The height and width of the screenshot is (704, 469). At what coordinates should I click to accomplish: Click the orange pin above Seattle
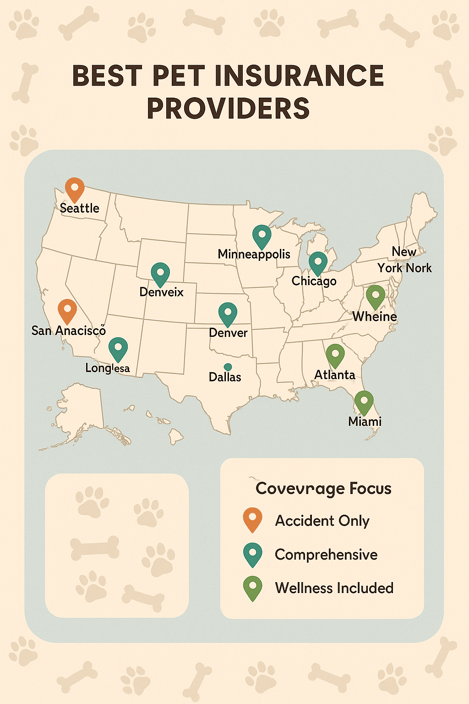click(x=74, y=188)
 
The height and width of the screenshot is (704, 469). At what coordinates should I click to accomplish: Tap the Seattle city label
click(x=80, y=208)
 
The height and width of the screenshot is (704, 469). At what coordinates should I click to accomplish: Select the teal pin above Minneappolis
click(x=262, y=236)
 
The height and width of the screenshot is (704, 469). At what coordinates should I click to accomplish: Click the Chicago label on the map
click(x=314, y=280)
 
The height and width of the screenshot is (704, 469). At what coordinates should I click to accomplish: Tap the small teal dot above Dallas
click(x=228, y=367)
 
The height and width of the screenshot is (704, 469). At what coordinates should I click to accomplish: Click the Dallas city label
click(x=225, y=377)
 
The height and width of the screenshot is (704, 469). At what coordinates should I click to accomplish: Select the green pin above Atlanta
click(x=335, y=355)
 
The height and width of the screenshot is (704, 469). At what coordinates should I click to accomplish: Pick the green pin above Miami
click(x=364, y=401)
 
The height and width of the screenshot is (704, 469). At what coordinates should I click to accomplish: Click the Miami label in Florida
click(x=365, y=421)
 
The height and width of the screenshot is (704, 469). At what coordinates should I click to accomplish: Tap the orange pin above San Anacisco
click(x=67, y=310)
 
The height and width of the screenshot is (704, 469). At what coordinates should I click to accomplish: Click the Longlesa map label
click(x=108, y=368)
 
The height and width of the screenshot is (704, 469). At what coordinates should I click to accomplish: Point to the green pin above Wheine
click(x=375, y=296)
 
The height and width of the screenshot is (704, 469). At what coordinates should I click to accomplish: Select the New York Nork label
click(x=404, y=260)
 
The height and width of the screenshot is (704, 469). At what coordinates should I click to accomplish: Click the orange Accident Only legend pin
click(x=252, y=519)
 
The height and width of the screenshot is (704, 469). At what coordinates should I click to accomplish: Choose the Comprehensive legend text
click(x=326, y=555)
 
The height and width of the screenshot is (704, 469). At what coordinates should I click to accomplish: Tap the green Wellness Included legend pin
click(x=252, y=587)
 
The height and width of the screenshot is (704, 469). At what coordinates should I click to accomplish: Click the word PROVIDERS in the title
click(x=228, y=109)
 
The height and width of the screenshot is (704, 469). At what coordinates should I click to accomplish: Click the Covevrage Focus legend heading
click(x=323, y=489)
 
